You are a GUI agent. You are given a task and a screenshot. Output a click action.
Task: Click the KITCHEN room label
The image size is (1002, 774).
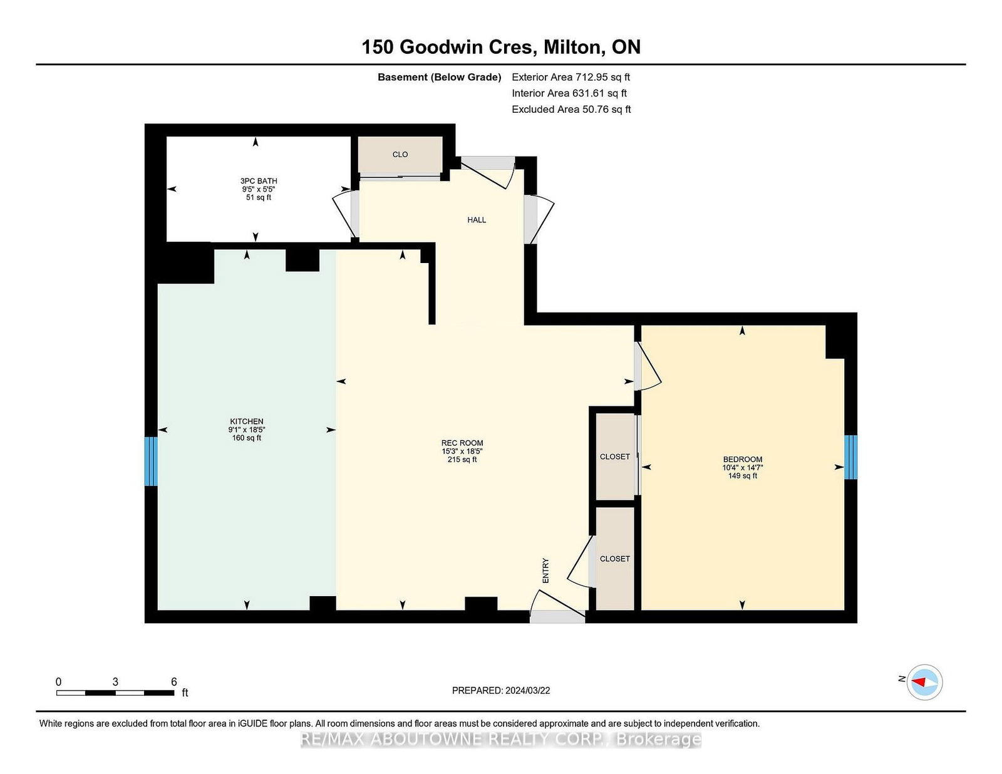coord(246,421)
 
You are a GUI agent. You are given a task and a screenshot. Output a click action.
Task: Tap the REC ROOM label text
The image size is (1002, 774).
coord(462,443)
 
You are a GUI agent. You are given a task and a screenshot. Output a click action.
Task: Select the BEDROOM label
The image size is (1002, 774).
coord(742,459)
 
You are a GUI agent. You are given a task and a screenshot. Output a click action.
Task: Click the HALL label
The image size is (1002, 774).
coord(477,220)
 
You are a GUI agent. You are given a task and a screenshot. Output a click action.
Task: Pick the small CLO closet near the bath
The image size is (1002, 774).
coord(400,155)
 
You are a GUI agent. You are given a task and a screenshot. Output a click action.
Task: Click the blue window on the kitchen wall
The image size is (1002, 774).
coord(150,461)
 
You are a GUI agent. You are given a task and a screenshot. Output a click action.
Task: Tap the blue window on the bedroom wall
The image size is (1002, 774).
coord(850,457)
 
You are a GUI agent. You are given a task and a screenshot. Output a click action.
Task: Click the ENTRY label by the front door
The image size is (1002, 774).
coord(545,570)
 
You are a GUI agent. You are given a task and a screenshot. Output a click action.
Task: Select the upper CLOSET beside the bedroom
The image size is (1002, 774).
coord(615,457)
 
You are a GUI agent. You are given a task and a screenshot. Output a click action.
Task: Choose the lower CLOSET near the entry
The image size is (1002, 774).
coord(615,559)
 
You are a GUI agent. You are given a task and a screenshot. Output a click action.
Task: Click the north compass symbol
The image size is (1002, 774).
coord(924,682)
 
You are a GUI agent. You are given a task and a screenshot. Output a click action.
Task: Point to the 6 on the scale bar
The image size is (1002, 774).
coord(174,682)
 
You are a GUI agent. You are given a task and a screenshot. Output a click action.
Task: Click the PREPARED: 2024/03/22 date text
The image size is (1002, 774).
coord(501,690)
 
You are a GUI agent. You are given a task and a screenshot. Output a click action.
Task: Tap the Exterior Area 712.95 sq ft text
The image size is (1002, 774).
coord(571,77)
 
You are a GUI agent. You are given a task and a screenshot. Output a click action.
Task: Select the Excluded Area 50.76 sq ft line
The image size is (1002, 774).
coord(571,109)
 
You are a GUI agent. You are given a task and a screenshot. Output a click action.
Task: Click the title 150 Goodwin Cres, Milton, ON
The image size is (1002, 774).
coord(501,47)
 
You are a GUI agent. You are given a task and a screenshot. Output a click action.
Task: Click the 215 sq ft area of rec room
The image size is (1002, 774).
coord(462,460)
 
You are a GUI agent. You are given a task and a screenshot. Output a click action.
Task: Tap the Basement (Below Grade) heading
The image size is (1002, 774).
coord(439,77)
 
